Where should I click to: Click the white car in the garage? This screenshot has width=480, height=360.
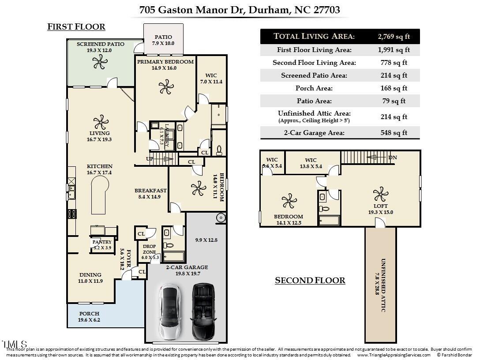(170, 311)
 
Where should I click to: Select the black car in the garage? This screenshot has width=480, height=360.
(203, 311)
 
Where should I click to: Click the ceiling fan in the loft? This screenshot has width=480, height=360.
(380, 194)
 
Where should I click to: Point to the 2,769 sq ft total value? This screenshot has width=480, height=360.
(394, 36)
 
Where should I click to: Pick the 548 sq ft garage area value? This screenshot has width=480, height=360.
(394, 133)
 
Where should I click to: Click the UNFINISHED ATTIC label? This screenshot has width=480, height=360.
(380, 285)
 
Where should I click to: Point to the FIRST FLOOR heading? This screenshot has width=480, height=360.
(76, 27)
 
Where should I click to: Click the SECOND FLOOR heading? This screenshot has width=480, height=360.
(310, 281)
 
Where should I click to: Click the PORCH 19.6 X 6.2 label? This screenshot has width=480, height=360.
(89, 317)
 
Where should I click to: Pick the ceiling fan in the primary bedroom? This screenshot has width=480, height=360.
(166, 87)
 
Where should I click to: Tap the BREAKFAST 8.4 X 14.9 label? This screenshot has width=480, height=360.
(150, 194)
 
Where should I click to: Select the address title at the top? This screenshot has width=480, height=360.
(240, 10)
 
